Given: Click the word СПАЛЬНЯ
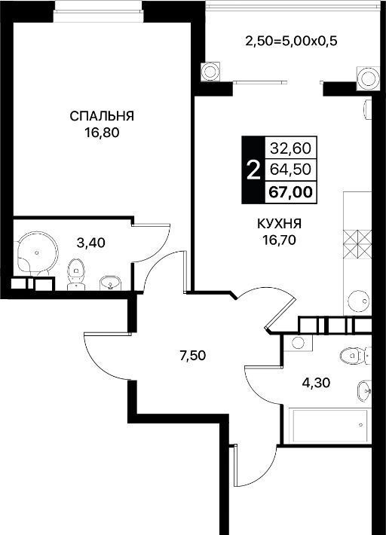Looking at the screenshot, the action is (102, 116).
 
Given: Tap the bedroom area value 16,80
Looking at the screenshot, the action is (102, 133).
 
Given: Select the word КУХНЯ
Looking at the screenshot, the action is (279, 224).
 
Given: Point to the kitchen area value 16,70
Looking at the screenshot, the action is (279, 240).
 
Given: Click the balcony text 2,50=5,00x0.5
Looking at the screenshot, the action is (291, 41).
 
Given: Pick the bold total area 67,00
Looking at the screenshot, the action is (290, 192).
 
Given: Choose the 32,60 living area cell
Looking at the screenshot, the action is (291, 148).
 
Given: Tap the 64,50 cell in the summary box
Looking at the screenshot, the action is (290, 170).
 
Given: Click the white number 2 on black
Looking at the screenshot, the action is (253, 170).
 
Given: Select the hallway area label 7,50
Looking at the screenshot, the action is (193, 356).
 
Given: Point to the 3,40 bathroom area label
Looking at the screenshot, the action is (90, 243).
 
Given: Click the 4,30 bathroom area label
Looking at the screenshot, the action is (316, 383).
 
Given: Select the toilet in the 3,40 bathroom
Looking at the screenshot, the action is (75, 274).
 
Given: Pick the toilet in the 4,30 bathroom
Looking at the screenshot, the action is (354, 356).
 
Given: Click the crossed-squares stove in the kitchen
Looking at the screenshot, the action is (357, 245).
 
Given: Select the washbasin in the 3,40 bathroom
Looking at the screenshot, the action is (110, 283).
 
